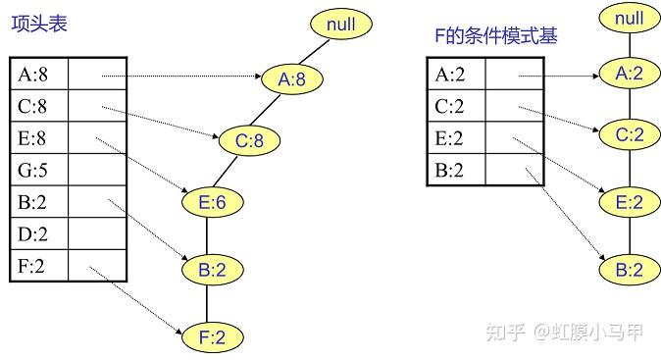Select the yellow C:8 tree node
point(249,141)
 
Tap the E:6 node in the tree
point(213,202)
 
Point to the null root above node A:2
point(629,17)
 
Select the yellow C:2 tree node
point(631,136)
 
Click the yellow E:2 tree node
point(631,203)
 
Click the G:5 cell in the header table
point(39,171)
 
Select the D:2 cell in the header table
point(39,235)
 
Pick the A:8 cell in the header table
point(39,74)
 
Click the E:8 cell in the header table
point(39,138)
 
